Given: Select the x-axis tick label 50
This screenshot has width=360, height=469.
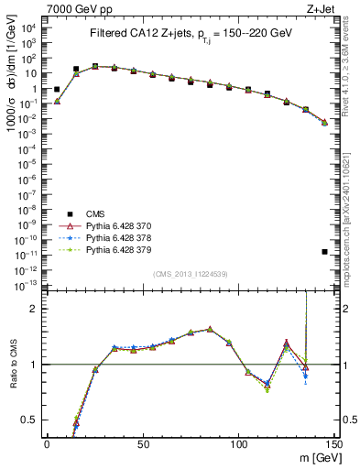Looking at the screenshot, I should click(x=143, y=443).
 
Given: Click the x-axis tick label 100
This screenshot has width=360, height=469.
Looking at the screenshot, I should click(x=238, y=443).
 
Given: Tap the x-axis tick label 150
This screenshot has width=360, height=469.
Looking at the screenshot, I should click(x=333, y=443).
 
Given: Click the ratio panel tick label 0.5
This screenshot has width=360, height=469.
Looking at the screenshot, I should click(x=32, y=420).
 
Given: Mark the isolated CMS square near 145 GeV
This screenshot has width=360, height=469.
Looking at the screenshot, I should click(x=324, y=251).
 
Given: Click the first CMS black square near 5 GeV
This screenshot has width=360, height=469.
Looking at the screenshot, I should click(x=57, y=90).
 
